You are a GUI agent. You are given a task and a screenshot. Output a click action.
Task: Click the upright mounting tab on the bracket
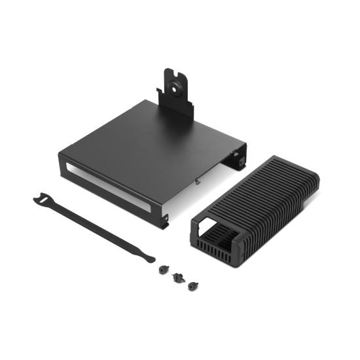(x=177, y=95)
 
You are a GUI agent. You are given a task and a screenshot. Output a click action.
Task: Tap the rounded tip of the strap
(x=150, y=257)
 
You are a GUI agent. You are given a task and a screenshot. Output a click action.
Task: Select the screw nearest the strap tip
(x=161, y=268)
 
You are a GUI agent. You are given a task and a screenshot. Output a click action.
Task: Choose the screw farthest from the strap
(x=192, y=286)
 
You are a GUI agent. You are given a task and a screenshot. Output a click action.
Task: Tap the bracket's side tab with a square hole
(x=240, y=158)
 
